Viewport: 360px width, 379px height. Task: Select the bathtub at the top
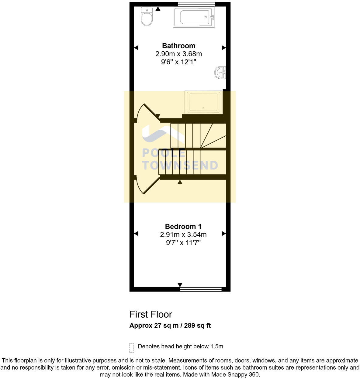(194, 17)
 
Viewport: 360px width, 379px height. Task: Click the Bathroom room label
(178, 46)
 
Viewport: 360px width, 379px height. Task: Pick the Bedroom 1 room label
(183, 227)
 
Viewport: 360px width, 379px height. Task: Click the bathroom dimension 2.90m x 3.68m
(178, 54)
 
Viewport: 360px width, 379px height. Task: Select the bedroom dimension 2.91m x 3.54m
(183, 235)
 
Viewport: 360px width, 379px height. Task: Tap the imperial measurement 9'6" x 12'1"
(178, 62)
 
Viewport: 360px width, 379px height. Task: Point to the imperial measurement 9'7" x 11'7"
(183, 243)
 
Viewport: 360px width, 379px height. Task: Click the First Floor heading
(151, 314)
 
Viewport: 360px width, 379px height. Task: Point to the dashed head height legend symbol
(132, 348)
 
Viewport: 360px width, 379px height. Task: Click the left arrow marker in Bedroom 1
(136, 234)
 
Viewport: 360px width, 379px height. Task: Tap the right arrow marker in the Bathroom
(223, 48)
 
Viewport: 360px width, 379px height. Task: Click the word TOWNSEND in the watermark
(180, 165)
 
